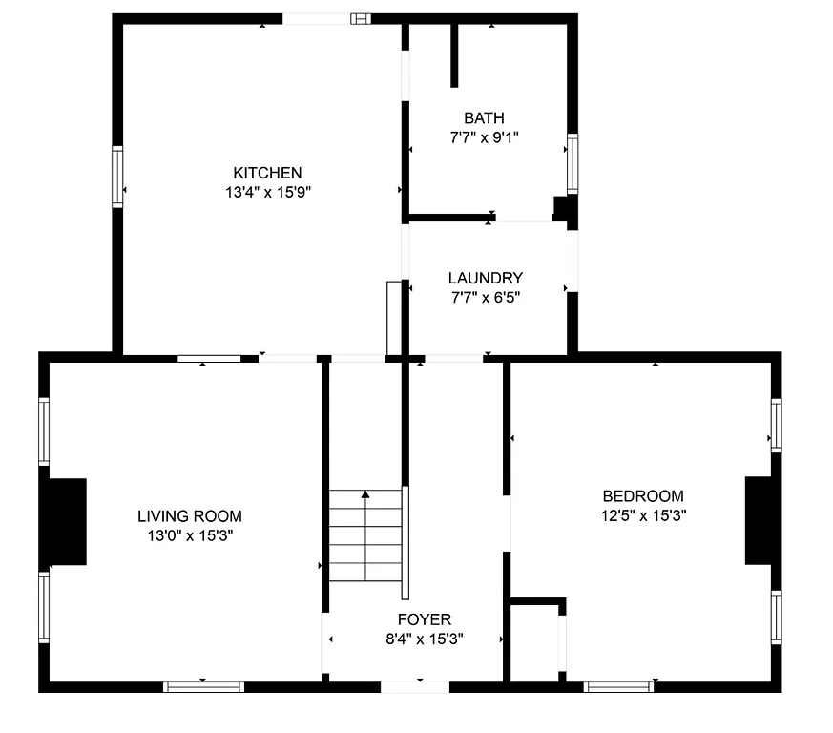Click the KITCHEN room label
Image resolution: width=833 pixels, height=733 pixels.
pos(267,173)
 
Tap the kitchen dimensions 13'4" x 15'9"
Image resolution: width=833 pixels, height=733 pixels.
pos(267,191)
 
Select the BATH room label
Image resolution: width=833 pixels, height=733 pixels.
pos(484,118)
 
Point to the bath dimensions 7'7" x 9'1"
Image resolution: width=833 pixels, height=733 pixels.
pos(484,136)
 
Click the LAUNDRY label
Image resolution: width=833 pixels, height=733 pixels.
pos(485,278)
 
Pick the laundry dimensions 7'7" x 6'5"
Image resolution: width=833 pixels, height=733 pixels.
pos(485,296)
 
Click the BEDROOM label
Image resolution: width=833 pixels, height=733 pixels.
pos(642,496)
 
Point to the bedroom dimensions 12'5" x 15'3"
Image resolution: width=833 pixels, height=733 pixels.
pos(642,514)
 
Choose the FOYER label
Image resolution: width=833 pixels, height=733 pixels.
pos(425,620)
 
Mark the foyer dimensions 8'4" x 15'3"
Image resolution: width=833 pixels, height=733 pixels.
pos(425,639)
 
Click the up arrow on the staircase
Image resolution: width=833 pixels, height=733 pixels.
pos(365,495)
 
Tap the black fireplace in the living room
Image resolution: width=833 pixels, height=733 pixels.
pos(68,520)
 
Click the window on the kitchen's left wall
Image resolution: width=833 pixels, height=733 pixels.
pos(117,177)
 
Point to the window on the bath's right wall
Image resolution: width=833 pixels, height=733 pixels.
pos(573,163)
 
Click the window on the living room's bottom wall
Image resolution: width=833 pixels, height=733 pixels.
pos(203,685)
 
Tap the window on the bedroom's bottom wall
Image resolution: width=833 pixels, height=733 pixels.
pos(618,685)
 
